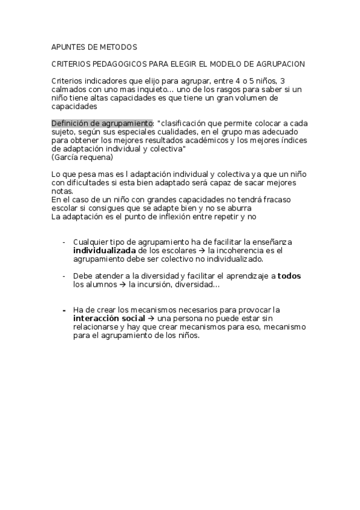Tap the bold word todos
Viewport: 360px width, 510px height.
pyautogui.click(x=289, y=275)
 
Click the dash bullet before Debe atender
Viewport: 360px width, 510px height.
pyautogui.click(x=64, y=275)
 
